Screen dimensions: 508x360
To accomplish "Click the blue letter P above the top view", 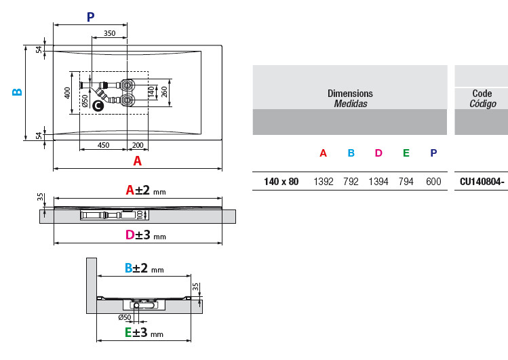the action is pyautogui.click(x=91, y=17).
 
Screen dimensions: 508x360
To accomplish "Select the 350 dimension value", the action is pyautogui.click(x=109, y=33).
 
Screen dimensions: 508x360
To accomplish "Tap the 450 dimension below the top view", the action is pyautogui.click(x=103, y=145).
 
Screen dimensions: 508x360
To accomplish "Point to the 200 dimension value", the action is pyautogui.click(x=138, y=145).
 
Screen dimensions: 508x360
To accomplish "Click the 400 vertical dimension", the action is pyautogui.click(x=67, y=93).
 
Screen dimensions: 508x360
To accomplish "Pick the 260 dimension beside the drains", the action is pyautogui.click(x=164, y=92).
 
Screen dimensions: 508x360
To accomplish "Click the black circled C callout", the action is pyautogui.click(x=98, y=106).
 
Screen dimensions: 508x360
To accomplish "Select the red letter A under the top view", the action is pyautogui.click(x=138, y=161).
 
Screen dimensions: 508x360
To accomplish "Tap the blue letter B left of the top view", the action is pyautogui.click(x=17, y=92).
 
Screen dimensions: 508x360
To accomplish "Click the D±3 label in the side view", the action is pyautogui.click(x=146, y=235).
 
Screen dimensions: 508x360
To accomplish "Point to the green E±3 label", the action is pyautogui.click(x=144, y=332).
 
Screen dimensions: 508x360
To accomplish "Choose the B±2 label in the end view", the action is pyautogui.click(x=144, y=268).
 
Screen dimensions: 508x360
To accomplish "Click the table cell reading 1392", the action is pyautogui.click(x=324, y=181).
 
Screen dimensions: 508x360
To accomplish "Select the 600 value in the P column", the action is pyautogui.click(x=433, y=181).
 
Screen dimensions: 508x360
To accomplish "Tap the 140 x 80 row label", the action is pyautogui.click(x=281, y=181).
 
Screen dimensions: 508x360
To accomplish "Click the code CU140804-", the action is pyautogui.click(x=482, y=181).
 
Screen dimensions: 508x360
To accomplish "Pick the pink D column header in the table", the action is pyautogui.click(x=378, y=153).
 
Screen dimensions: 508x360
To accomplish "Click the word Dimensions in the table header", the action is pyautogui.click(x=350, y=94).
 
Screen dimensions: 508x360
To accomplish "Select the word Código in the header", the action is pyautogui.click(x=483, y=104).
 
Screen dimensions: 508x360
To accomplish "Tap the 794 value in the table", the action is pyautogui.click(x=406, y=181).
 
